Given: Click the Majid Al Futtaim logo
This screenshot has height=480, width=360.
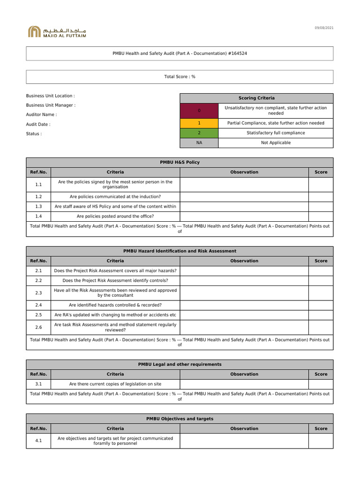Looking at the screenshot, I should [x=57, y=32].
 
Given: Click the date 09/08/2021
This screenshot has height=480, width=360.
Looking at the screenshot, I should [x=324, y=29].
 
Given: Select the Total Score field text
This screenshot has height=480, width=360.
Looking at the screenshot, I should [x=180, y=77].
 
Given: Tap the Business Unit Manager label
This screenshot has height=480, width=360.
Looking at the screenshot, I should [x=51, y=105].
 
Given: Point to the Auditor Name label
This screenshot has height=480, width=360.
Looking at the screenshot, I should [x=41, y=115].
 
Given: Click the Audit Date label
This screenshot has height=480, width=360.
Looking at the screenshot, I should [x=38, y=125].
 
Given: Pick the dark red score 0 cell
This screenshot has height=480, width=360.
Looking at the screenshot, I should [x=199, y=111].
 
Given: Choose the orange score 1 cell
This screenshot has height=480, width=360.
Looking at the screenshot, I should [x=199, y=123].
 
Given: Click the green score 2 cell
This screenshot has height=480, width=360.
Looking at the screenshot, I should [x=199, y=133].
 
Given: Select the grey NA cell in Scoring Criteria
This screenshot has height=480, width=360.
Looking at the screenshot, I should [x=199, y=143].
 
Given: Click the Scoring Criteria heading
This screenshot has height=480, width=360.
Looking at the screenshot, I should [x=256, y=98].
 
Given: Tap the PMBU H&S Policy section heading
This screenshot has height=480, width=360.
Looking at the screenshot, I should [x=180, y=162].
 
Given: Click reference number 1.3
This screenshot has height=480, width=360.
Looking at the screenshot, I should [x=38, y=206].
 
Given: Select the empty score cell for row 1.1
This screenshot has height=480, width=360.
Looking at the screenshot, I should [x=321, y=185].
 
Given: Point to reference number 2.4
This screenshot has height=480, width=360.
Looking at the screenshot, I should [x=38, y=305].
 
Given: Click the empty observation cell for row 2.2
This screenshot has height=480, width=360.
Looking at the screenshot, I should [x=244, y=281].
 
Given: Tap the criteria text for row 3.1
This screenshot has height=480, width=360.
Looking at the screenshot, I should [x=115, y=384].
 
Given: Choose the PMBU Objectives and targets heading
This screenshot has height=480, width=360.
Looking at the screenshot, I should [x=180, y=419].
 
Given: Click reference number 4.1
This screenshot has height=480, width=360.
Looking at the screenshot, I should [x=38, y=441].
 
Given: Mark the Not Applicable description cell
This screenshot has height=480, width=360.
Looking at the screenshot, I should [x=276, y=143].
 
